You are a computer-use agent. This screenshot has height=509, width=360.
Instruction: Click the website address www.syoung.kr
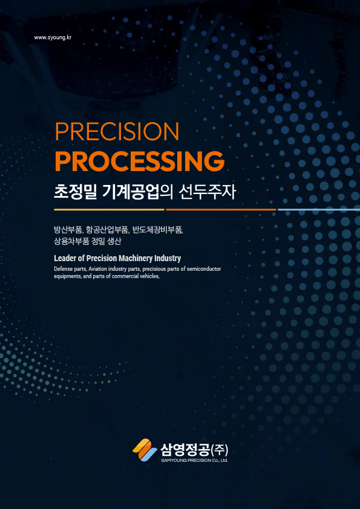[53, 37]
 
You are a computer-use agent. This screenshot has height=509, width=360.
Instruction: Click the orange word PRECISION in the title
[117, 132]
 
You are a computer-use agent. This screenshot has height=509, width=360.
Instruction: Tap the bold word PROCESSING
[140, 161]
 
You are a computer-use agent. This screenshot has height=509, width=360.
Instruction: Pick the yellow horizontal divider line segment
[109, 210]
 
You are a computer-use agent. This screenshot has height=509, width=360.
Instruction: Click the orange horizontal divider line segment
[221, 210]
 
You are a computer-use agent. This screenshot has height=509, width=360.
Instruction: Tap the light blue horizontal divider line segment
[319, 210]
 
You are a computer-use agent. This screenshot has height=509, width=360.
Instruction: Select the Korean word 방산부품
[68, 230]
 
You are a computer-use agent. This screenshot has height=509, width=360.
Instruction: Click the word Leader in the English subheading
[62, 259]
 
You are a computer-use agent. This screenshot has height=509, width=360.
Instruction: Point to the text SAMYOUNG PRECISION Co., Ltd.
[194, 460]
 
